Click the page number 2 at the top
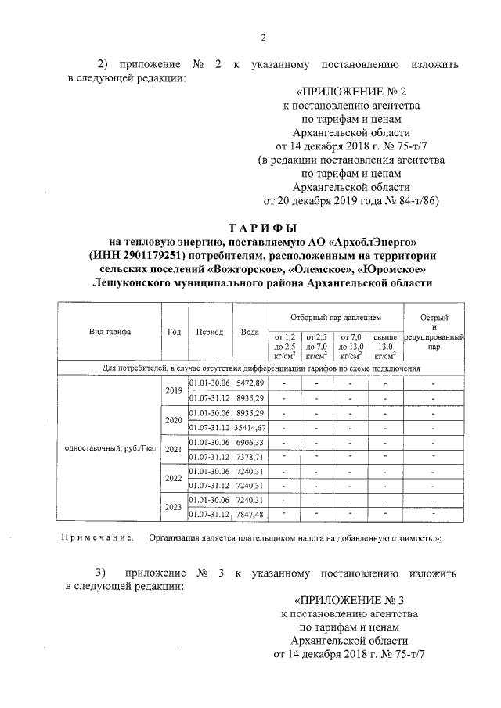pyautogui.click(x=263, y=38)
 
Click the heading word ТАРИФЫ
pyautogui.click(x=263, y=228)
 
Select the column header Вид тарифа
pyautogui.click(x=110, y=332)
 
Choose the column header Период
pyautogui.click(x=211, y=332)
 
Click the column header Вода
pyautogui.click(x=250, y=332)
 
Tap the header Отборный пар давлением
pyautogui.click(x=335, y=318)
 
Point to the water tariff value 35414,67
pyautogui.click(x=250, y=427)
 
